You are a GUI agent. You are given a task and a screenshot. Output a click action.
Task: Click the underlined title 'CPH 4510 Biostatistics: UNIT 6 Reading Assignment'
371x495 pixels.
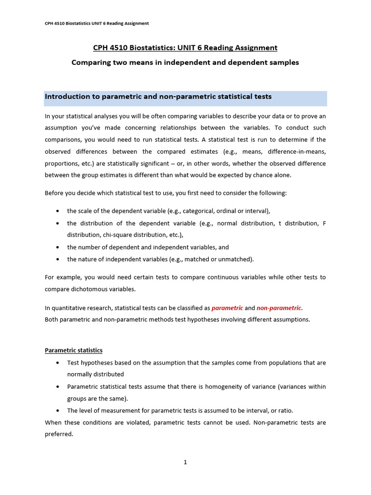point(185,47)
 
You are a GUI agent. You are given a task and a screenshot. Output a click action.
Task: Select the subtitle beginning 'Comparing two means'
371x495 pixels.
point(185,62)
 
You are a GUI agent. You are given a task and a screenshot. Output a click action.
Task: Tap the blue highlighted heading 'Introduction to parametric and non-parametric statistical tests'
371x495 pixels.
point(158,97)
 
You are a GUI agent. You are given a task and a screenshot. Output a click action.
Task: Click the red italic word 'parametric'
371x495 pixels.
point(227,308)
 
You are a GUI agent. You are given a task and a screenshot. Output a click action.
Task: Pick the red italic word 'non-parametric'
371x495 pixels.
point(279,308)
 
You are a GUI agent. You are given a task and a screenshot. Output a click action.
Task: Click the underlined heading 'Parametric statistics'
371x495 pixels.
point(73,350)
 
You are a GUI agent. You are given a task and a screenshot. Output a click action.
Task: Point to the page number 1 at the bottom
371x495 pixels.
point(185,462)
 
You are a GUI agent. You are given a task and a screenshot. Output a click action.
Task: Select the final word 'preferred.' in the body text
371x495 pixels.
point(58,434)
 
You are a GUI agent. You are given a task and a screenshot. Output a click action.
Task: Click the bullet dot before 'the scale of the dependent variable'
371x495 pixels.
point(58,211)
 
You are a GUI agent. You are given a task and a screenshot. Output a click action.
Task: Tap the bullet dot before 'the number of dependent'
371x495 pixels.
point(58,247)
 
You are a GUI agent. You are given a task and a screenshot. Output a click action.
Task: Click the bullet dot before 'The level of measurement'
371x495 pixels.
point(58,411)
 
